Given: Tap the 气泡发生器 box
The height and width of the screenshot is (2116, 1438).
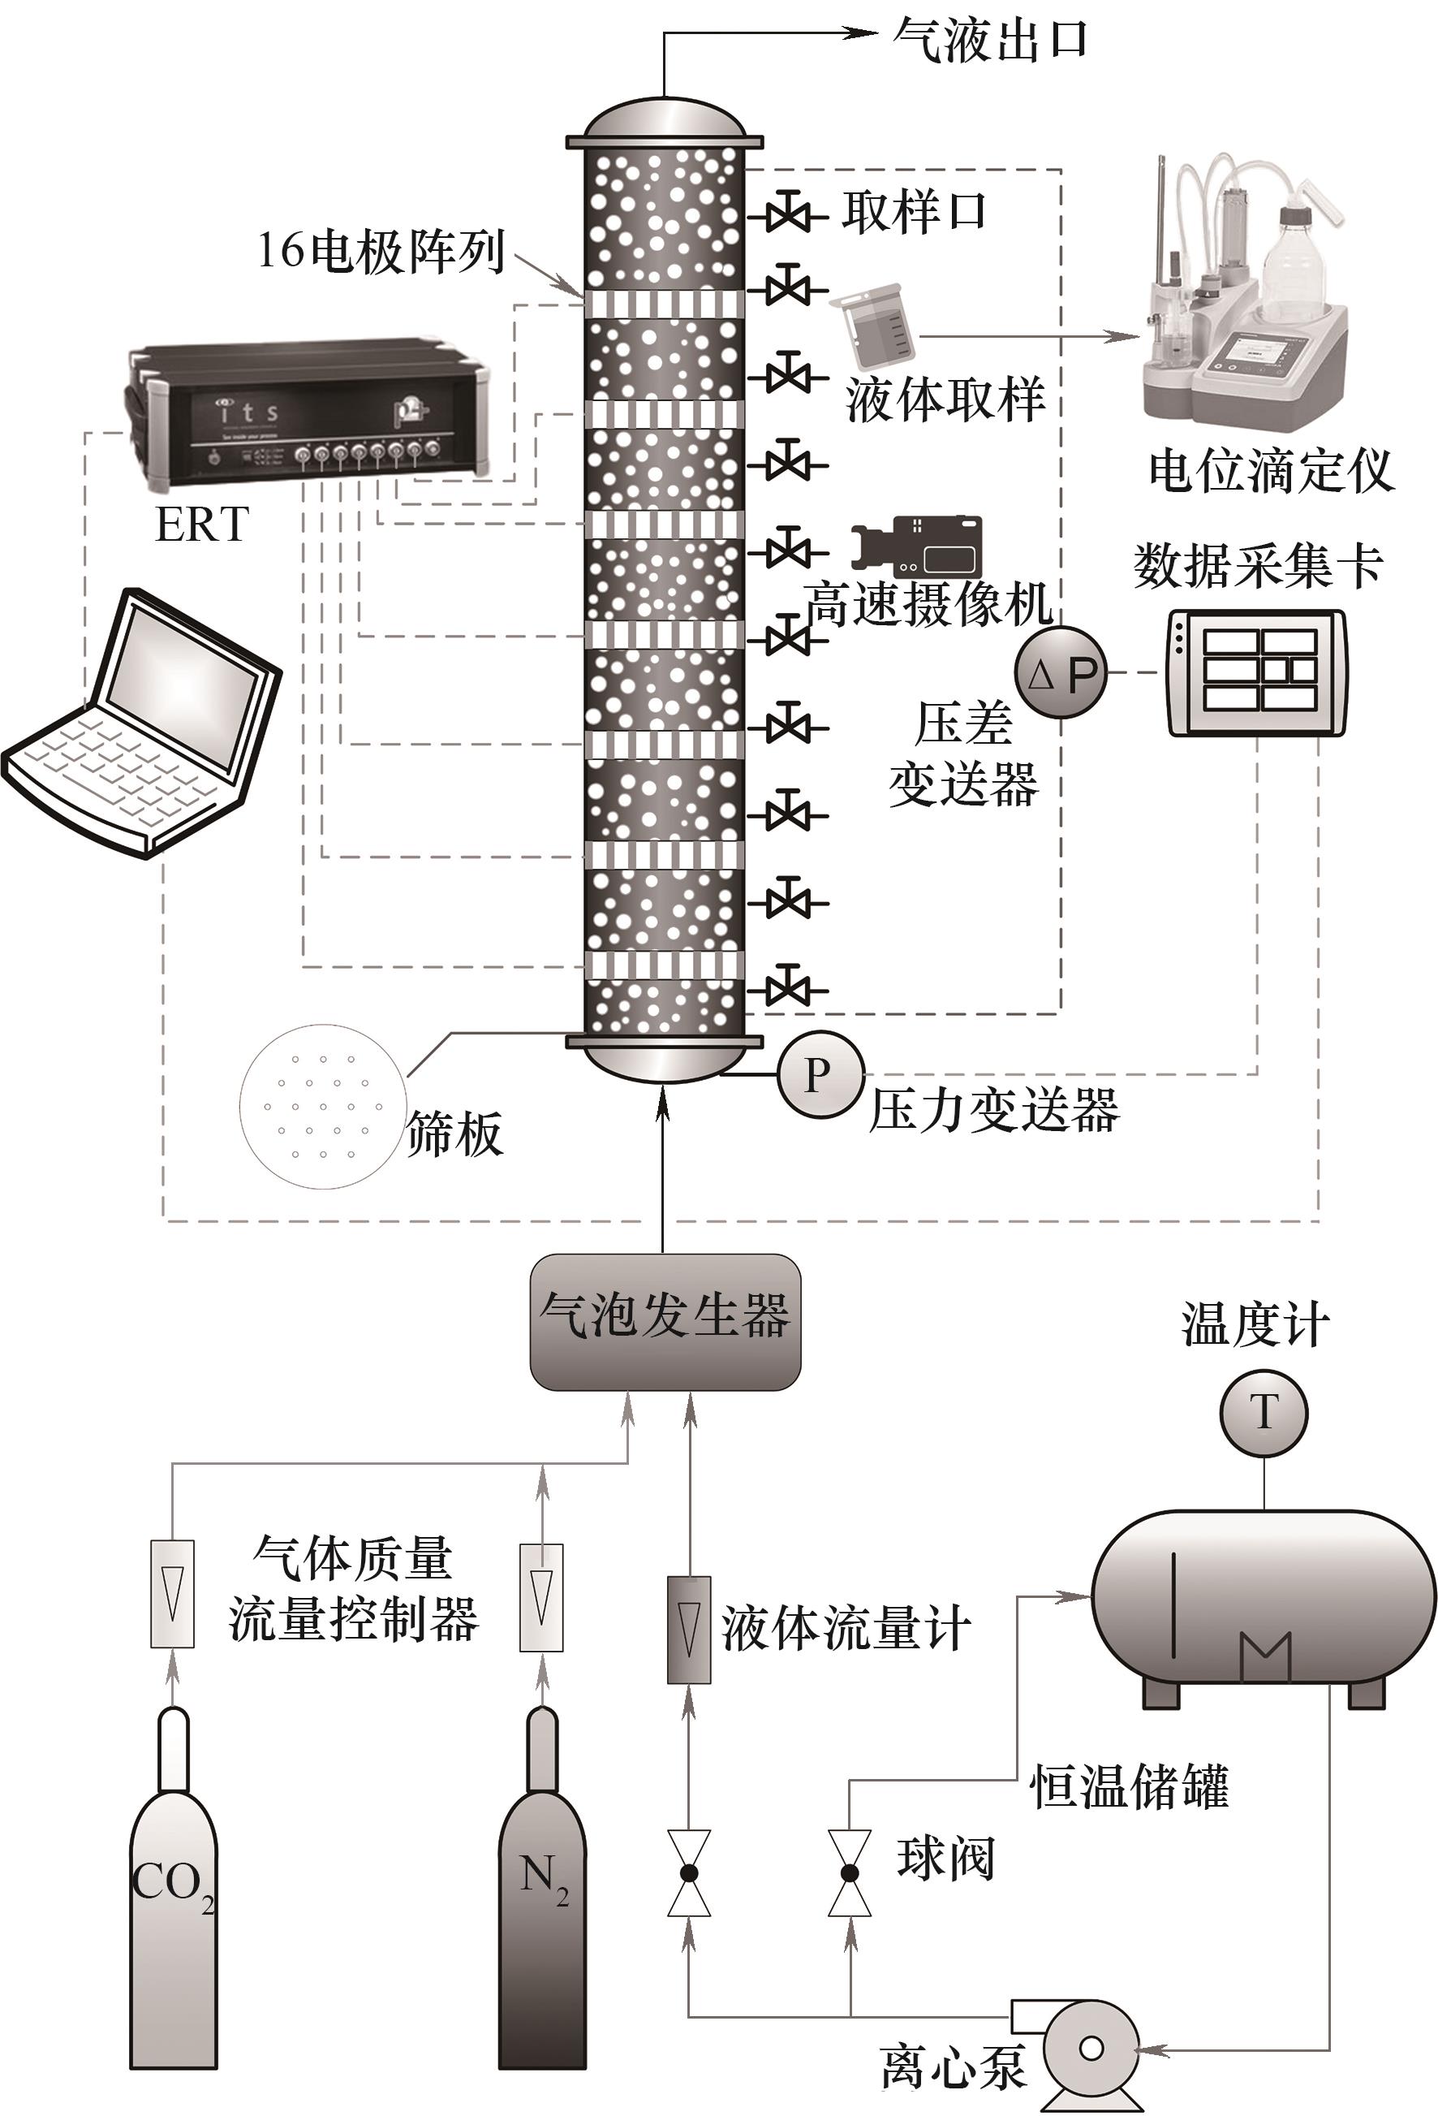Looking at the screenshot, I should (665, 1321).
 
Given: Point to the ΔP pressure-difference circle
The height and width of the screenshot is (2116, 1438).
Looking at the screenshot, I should (1061, 673).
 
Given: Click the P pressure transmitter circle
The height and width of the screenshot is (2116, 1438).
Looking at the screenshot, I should (820, 1074).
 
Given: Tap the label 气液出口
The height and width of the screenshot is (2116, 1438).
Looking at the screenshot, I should (990, 40).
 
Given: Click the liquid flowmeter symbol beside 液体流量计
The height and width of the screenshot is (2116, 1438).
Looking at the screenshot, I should (689, 1630).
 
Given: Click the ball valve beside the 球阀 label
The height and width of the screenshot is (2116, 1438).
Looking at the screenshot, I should (849, 1874).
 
